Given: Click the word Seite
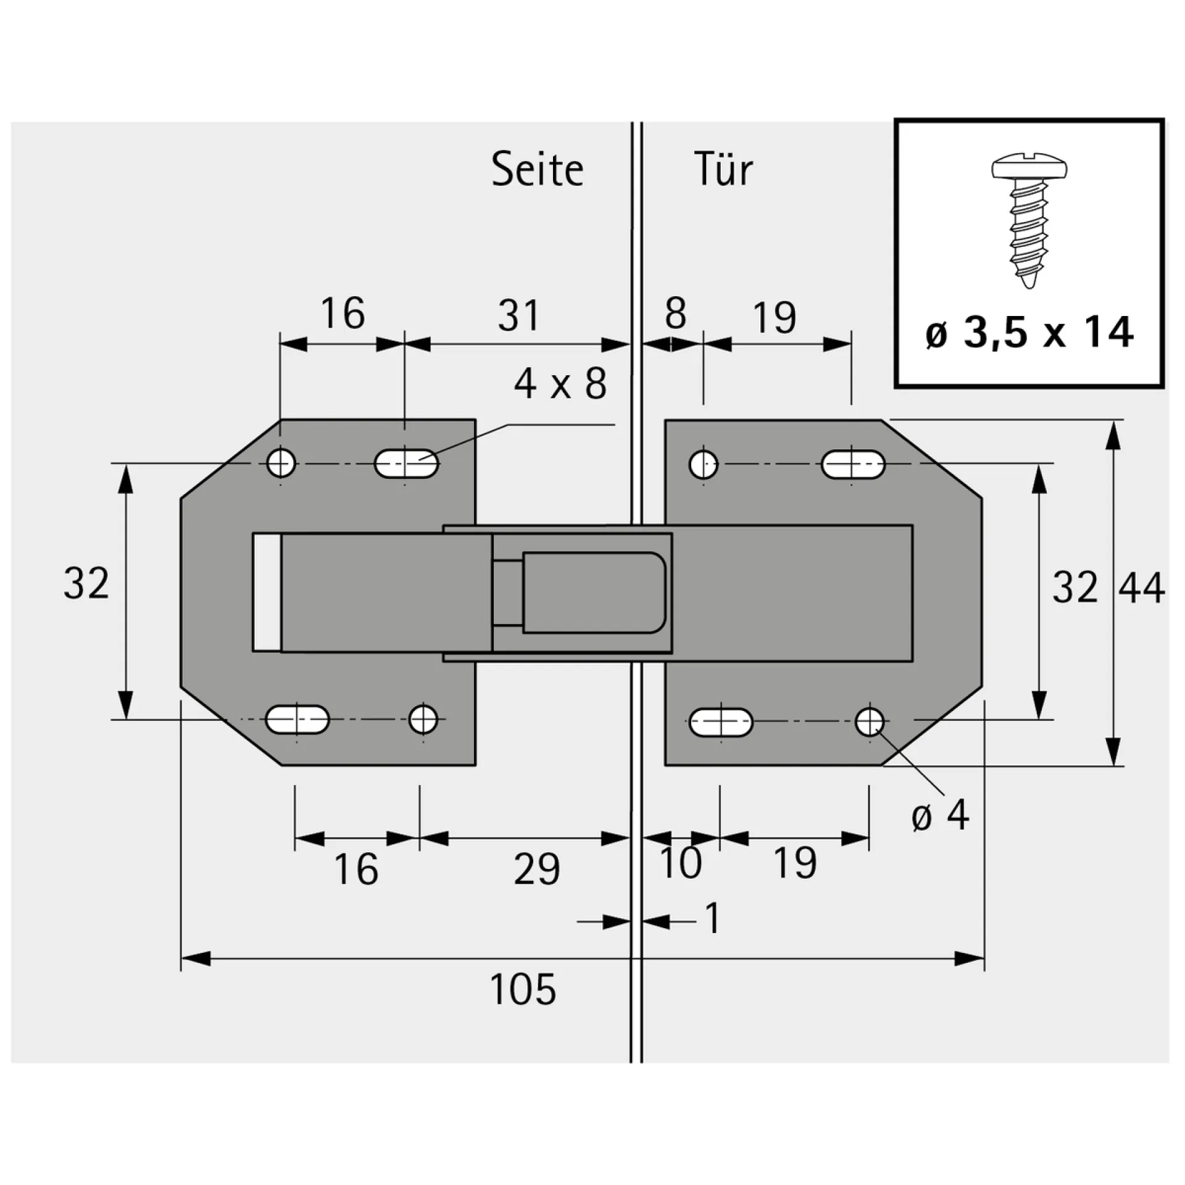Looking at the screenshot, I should tap(537, 170).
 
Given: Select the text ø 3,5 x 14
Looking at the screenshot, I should tap(1029, 333).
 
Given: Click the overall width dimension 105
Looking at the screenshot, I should tap(523, 989).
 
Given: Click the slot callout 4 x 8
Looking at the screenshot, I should tap(560, 384).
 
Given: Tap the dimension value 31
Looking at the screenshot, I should tap(518, 315).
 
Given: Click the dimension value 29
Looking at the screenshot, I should tap(537, 870).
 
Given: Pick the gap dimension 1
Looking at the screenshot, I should tap(712, 918).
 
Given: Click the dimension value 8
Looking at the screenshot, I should tap(675, 314).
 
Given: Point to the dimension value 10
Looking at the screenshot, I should tap(681, 862).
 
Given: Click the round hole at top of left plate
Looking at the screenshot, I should tap(281, 463).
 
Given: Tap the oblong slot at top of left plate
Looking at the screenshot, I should tap(406, 463).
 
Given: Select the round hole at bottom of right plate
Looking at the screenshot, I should tap(869, 720).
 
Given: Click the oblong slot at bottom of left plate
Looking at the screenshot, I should tap(297, 720).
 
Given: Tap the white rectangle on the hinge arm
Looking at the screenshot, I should tap(267, 592).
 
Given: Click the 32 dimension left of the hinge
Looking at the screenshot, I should tap(86, 584).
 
